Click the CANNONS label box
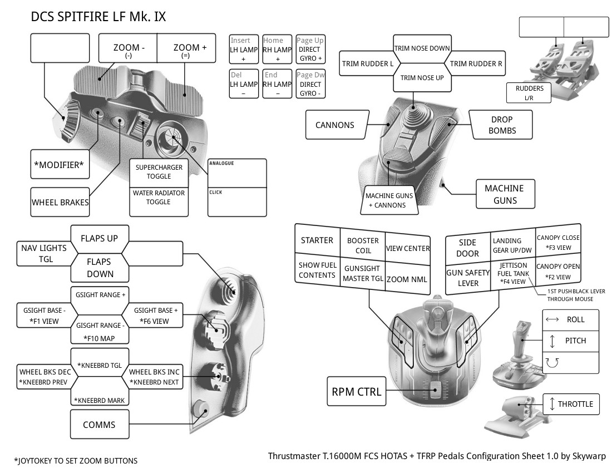coord(334,125)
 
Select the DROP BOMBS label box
coord(501,125)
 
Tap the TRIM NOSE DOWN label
coord(422,48)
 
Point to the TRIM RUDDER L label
coord(368,63)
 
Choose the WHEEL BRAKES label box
coord(60,202)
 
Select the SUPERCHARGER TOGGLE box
coord(159,172)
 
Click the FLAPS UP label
coord(100,238)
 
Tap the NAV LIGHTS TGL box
coord(45,253)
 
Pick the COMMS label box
coord(99,425)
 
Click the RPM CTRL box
coord(357,392)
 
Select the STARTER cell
coord(317,240)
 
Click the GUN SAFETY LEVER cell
coord(468,278)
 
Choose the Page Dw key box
coord(310,83)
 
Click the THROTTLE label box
coord(571,404)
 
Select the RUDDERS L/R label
coord(529,93)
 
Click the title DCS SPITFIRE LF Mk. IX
coord(98,17)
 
